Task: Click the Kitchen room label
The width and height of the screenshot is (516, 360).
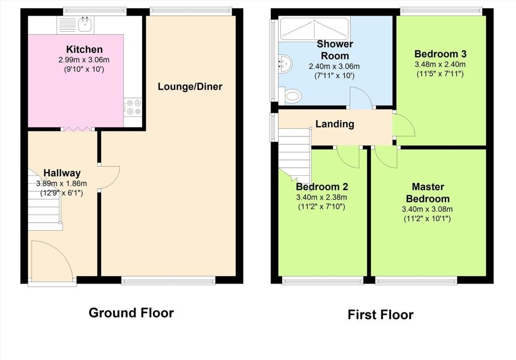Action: pos(84,49)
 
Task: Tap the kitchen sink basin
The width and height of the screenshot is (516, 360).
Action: pos(86,24)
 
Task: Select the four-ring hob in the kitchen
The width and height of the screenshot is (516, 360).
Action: pos(133,107)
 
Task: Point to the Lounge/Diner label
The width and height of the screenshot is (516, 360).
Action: pos(190,87)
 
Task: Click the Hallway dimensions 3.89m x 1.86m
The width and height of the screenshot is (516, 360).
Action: pos(61,183)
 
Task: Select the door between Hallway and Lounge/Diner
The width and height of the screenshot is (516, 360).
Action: pos(109,178)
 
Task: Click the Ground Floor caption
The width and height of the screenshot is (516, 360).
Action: pos(131,313)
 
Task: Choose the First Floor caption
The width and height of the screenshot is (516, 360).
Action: pos(380,315)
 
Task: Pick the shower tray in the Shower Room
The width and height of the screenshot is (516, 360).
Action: pos(314,29)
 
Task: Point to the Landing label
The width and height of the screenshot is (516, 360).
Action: pos(335,124)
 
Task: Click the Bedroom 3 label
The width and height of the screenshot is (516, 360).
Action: pos(440,53)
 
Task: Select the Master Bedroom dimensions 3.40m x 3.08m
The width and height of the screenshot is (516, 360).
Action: pos(427,209)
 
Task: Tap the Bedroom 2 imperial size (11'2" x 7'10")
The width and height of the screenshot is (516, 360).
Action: pos(321,207)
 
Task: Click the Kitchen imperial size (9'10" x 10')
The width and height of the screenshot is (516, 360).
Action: pos(84,69)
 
